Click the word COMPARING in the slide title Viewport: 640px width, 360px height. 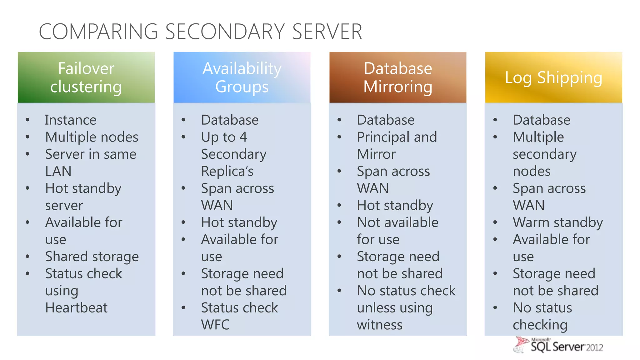pos(98,32)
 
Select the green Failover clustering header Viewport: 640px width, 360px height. pos(86,77)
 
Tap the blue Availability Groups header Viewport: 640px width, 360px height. pos(242,77)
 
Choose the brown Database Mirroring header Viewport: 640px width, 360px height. pos(398,77)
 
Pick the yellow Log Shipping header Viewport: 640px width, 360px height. pos(553,77)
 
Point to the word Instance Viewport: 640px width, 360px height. pos(71,120)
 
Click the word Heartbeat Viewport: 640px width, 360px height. pos(76,308)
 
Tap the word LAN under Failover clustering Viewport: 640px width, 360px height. pos(58,171)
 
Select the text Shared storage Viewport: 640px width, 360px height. pos(92,257)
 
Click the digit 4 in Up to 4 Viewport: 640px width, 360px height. pos(243,137)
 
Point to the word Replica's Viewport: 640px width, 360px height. pos(227,171)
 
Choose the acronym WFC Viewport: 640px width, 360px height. pos(215,325)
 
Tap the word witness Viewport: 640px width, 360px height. pos(380,325)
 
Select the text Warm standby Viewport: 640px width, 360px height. pos(558,222)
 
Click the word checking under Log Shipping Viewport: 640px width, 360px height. pos(540,325)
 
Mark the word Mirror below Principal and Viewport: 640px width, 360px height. pos(376,154)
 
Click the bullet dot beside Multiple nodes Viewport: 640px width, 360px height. pos(28,137)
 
